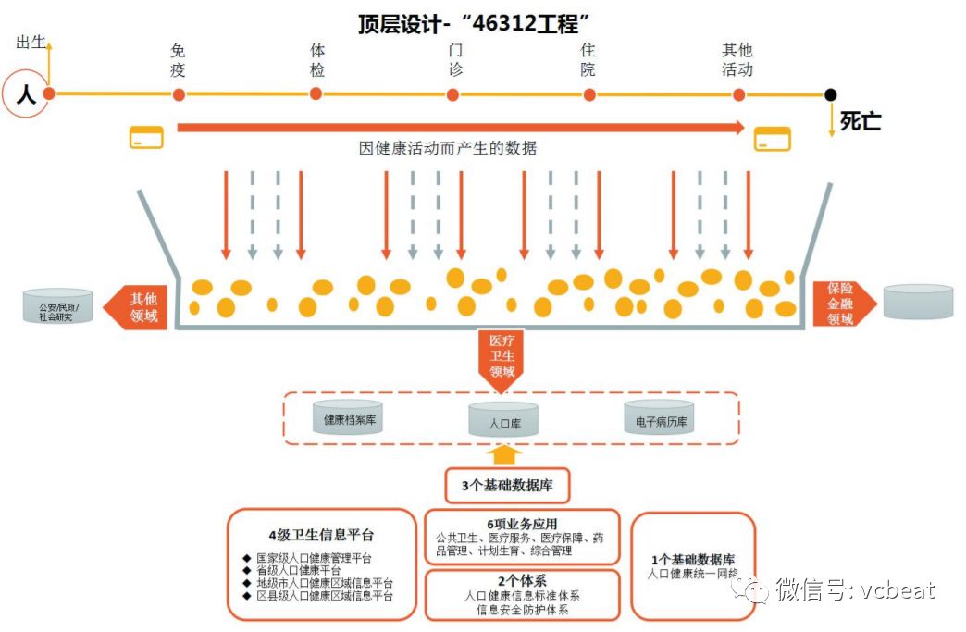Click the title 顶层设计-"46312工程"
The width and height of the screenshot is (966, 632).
(x=475, y=23)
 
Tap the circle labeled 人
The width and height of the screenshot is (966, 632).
(x=25, y=93)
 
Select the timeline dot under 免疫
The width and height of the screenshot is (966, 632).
(x=179, y=94)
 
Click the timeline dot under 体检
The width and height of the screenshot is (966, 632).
(x=316, y=93)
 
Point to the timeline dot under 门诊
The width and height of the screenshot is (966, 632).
(x=452, y=94)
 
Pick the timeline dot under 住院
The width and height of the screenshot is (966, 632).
(x=589, y=94)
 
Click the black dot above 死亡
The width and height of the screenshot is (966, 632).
(x=831, y=94)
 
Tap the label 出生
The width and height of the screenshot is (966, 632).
(x=31, y=43)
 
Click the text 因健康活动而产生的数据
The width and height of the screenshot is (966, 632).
(x=448, y=148)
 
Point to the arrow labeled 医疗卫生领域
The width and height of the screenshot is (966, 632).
(x=501, y=358)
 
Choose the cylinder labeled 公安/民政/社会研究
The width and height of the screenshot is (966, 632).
(x=58, y=305)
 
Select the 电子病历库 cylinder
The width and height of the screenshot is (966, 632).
(x=660, y=419)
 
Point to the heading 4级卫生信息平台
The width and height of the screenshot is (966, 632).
(x=321, y=536)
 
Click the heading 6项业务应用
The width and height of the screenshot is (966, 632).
(x=523, y=524)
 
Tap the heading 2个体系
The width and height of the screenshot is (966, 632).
(x=522, y=581)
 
